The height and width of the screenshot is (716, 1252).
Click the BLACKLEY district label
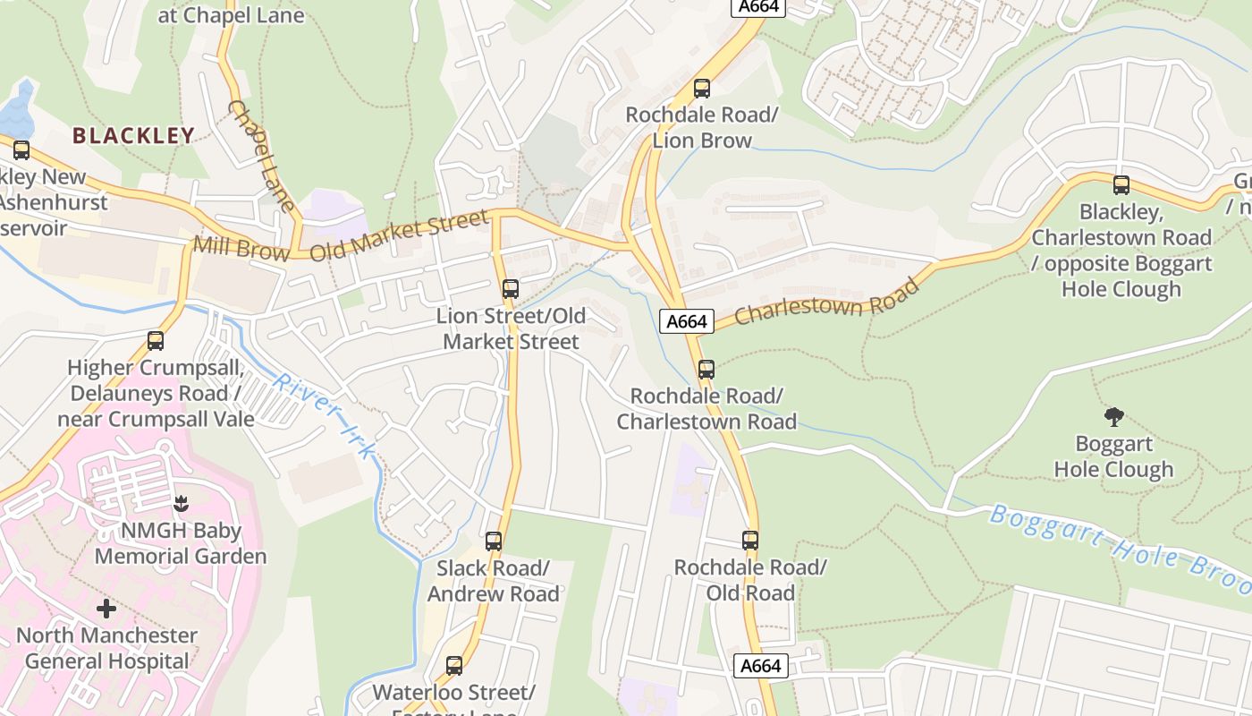(133, 136)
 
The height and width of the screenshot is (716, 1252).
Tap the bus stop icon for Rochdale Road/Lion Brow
(702, 89)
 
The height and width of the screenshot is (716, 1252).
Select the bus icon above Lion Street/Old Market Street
(511, 289)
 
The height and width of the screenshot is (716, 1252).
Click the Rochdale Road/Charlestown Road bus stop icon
(706, 369)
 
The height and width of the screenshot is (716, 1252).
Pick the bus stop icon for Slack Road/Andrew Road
(494, 541)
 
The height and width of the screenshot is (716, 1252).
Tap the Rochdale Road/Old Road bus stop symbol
(750, 541)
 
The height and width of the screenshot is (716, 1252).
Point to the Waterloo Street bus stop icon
(454, 666)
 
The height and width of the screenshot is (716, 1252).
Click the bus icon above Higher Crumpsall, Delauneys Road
(156, 341)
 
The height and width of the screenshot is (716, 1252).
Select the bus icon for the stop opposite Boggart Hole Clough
(1121, 185)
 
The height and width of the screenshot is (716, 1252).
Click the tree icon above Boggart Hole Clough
(1113, 416)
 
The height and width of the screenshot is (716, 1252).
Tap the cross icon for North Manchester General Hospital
(106, 609)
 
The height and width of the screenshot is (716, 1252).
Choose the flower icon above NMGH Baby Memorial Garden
(182, 504)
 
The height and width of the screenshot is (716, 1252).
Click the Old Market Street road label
(399, 236)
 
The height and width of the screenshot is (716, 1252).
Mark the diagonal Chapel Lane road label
(260, 157)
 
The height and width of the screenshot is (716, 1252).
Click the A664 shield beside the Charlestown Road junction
(687, 321)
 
